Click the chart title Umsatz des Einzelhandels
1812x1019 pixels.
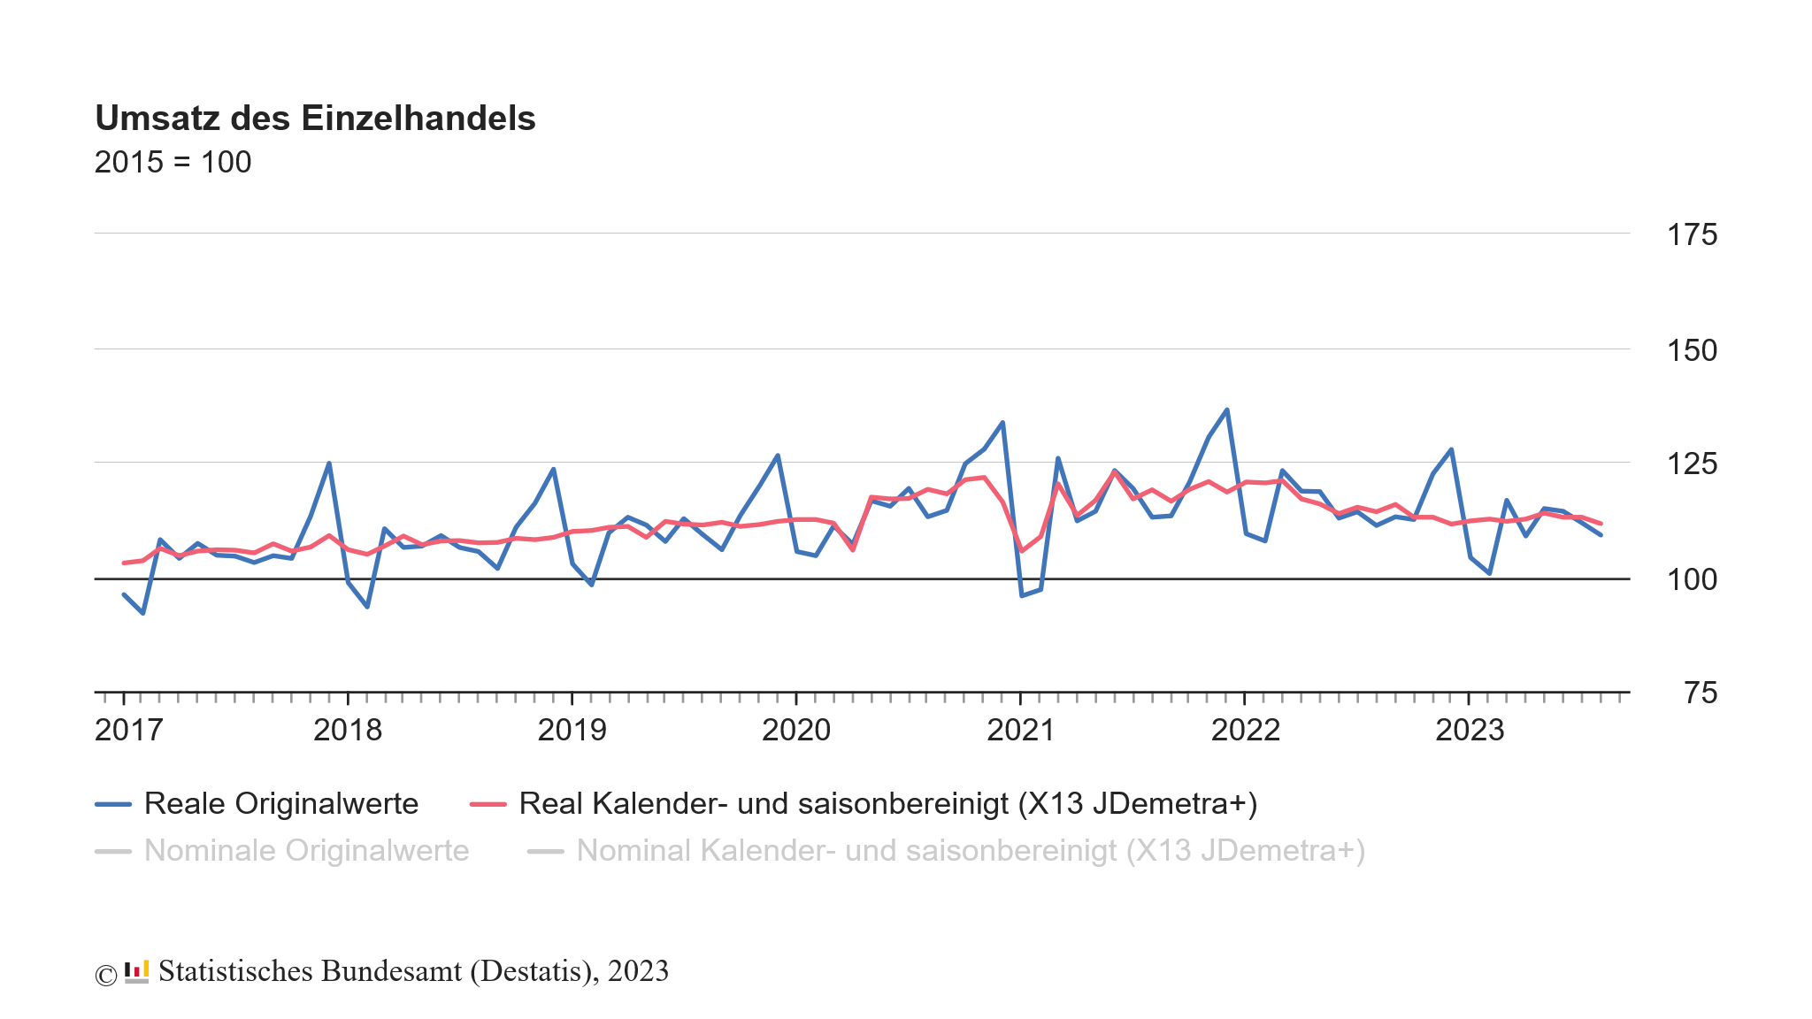click(315, 119)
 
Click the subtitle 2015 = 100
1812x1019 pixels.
click(173, 162)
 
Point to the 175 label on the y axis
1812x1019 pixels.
click(1691, 234)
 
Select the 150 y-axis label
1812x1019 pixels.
click(1691, 350)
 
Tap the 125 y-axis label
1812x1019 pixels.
click(1691, 464)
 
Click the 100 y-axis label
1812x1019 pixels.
click(1691, 579)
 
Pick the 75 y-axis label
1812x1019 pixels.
click(1700, 693)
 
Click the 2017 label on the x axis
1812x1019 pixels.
click(128, 730)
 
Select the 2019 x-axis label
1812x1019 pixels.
click(572, 730)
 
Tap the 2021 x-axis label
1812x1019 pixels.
click(1020, 730)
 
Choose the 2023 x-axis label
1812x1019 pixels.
click(1469, 730)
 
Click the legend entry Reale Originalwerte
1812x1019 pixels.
click(280, 803)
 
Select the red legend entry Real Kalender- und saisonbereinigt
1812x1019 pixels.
click(887, 803)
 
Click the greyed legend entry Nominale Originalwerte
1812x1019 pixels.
click(306, 850)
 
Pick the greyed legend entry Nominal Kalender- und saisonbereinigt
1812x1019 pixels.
click(971, 850)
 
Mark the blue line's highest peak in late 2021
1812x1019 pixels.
click(1226, 410)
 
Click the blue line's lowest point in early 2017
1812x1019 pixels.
click(142, 613)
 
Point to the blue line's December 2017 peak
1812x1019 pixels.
click(329, 463)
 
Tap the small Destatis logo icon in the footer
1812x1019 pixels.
click(136, 971)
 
